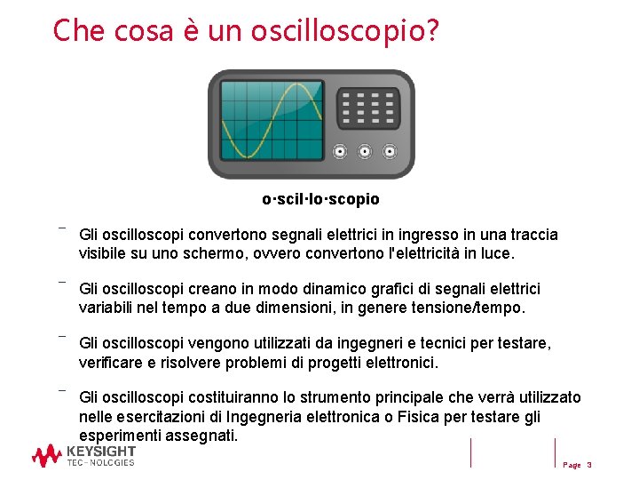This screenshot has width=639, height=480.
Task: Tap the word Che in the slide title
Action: point(74,30)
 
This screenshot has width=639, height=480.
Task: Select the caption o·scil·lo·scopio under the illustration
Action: point(320,199)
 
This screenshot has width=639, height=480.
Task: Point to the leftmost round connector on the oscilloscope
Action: point(339,151)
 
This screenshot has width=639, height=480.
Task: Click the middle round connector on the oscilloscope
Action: point(364,151)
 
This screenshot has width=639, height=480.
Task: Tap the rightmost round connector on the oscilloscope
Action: point(389,151)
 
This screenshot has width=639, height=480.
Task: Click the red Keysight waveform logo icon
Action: point(46,456)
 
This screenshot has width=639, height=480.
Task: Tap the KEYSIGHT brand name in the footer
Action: point(101,452)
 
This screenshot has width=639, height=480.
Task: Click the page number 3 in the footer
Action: point(589,465)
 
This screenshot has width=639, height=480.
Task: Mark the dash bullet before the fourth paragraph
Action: point(62,389)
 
